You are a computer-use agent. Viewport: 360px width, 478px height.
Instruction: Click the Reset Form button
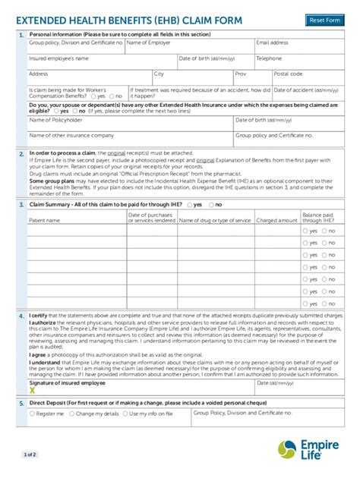(324, 20)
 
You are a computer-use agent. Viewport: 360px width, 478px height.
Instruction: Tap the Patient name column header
(44, 220)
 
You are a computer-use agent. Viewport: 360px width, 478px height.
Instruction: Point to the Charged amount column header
(276, 220)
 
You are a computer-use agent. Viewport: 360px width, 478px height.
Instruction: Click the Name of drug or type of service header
(217, 220)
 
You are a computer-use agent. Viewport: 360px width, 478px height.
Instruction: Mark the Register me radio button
(32, 414)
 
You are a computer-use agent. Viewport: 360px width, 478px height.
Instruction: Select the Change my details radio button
(72, 414)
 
